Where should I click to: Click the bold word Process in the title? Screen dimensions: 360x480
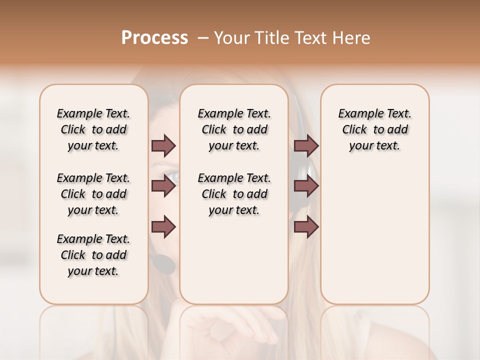tap(154, 38)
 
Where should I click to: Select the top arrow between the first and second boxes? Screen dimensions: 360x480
tap(163, 145)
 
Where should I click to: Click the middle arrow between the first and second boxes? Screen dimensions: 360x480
tap(163, 186)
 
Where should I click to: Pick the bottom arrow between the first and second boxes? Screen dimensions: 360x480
tap(163, 226)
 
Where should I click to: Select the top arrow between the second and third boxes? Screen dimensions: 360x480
tap(306, 145)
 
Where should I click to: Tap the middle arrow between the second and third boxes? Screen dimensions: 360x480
tap(306, 186)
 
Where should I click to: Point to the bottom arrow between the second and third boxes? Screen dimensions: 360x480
tap(306, 226)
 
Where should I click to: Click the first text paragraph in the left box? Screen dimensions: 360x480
tap(93, 129)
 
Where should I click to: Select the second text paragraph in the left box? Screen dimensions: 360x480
tap(93, 194)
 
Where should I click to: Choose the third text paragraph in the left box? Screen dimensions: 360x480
tap(93, 255)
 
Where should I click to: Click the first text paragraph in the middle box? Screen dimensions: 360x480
tap(234, 129)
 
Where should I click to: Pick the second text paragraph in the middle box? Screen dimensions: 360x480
tap(234, 194)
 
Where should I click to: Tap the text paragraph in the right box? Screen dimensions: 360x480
tap(374, 129)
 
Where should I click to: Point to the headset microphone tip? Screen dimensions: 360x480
tap(163, 263)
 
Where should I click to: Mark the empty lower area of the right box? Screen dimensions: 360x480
tap(374, 235)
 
